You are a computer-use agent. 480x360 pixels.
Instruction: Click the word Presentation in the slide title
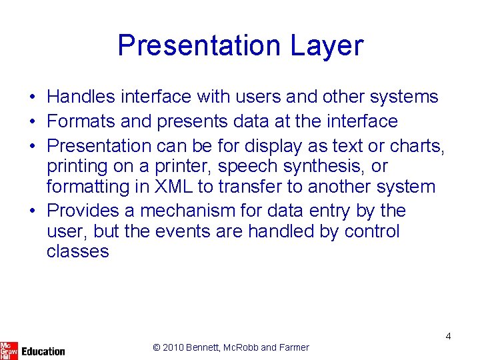(199, 46)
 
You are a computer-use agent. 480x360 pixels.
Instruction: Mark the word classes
(77, 251)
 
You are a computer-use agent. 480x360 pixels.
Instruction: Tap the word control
(372, 231)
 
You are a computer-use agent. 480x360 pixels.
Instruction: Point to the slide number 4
(448, 336)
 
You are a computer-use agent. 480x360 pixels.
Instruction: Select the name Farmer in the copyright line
(293, 347)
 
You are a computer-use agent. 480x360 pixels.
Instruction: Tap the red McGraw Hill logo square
(9, 349)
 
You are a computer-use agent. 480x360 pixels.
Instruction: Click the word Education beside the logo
(43, 351)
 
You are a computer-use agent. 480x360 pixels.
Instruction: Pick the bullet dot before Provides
(32, 211)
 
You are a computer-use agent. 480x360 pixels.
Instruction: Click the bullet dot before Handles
(32, 97)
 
